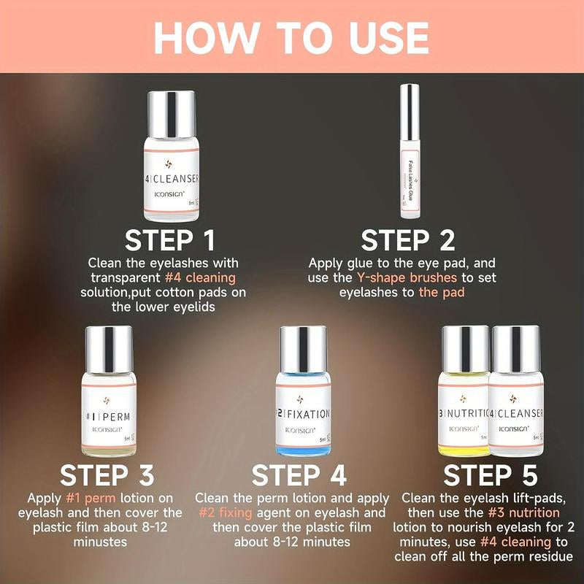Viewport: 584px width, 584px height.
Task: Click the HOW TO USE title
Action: [292, 36]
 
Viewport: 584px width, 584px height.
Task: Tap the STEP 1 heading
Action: [170, 240]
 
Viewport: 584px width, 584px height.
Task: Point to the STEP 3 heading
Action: [108, 475]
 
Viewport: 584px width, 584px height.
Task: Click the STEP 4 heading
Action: [299, 475]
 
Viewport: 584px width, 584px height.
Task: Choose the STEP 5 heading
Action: [491, 475]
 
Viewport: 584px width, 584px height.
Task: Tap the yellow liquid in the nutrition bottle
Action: [463, 442]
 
